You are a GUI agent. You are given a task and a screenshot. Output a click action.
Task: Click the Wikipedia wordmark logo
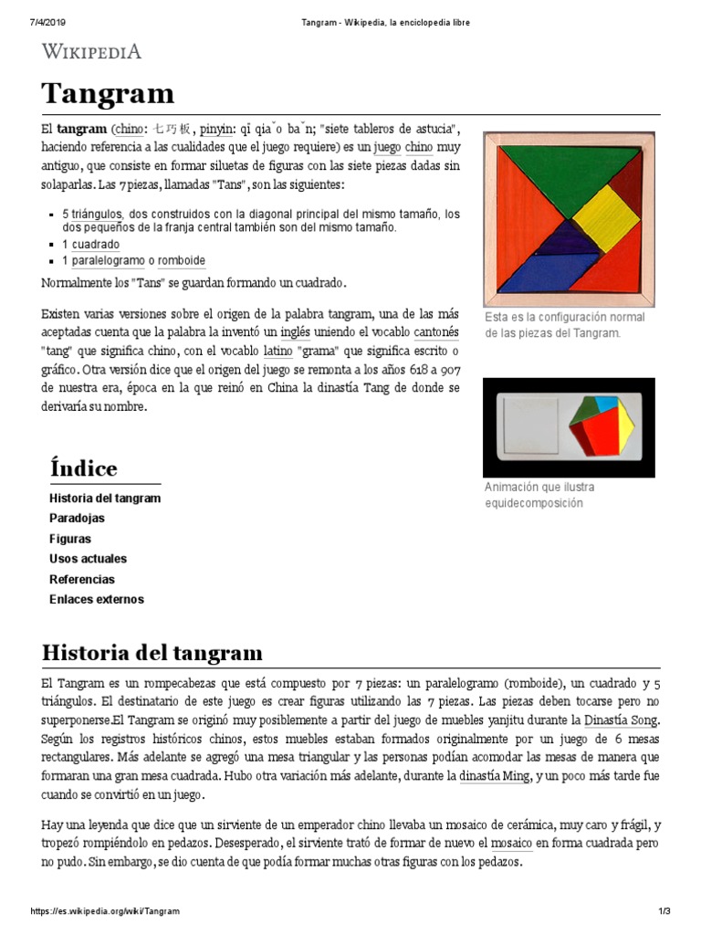(x=91, y=51)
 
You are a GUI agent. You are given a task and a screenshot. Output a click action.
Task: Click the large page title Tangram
(x=108, y=93)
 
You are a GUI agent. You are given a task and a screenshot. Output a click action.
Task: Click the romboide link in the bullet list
(x=181, y=261)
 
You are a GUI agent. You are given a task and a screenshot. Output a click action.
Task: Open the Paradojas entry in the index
(x=77, y=518)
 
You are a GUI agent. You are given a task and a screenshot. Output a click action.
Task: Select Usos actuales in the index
(x=88, y=558)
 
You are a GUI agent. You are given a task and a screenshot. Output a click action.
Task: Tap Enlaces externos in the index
(x=96, y=599)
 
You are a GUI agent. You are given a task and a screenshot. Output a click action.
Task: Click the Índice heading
(x=83, y=469)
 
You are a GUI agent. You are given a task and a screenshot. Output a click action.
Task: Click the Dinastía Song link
(x=622, y=720)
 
